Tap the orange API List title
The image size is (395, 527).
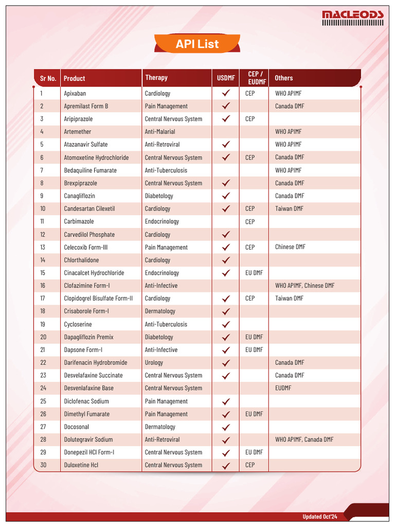[x=197, y=44]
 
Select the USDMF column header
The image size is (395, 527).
[x=225, y=78]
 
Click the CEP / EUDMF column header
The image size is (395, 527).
[x=254, y=78]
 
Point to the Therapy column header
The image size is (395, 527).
[x=156, y=78]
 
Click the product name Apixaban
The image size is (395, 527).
[x=75, y=94]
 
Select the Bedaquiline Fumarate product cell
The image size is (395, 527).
[x=90, y=170]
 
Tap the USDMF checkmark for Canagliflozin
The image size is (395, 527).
[x=225, y=196]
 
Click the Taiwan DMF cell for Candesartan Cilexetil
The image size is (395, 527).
[x=289, y=208]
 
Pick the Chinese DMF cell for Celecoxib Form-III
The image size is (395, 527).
[x=290, y=247]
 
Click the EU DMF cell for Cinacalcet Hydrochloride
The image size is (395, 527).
[x=254, y=273]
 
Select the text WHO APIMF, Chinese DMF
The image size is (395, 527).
[x=304, y=286]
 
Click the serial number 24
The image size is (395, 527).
[x=43, y=388]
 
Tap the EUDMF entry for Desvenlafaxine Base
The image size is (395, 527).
[x=283, y=388]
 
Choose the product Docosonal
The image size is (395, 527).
[x=77, y=427]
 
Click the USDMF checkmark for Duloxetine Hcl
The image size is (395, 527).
[x=225, y=465]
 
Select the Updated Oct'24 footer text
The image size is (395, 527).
[x=319, y=516]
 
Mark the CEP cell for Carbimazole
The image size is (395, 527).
[x=250, y=222]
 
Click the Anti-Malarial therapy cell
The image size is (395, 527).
[x=160, y=132]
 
